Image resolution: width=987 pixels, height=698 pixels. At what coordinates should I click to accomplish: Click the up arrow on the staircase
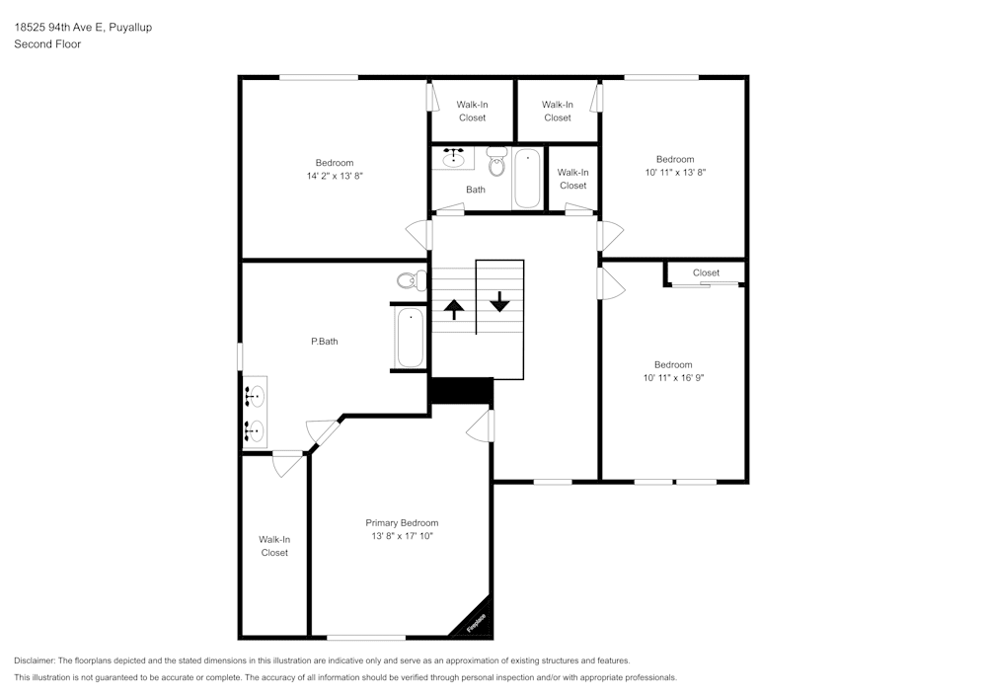(453, 309)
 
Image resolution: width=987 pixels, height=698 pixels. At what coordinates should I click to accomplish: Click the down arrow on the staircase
(500, 301)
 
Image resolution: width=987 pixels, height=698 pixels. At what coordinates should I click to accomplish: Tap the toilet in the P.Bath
(412, 280)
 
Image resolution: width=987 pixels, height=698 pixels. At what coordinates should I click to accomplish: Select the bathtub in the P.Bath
(410, 338)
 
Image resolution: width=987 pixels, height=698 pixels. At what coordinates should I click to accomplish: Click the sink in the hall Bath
(454, 157)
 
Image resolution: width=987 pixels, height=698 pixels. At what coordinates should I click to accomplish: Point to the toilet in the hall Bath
(496, 161)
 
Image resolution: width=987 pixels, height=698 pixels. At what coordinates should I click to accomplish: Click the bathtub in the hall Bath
(527, 178)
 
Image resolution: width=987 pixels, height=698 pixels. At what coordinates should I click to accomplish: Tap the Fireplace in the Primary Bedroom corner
(475, 621)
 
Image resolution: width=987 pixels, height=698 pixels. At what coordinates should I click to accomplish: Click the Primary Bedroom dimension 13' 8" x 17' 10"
(402, 536)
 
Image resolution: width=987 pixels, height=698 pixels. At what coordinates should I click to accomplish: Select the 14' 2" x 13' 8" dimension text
(335, 176)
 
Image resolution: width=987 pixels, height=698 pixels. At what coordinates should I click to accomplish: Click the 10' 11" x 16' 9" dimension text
(673, 377)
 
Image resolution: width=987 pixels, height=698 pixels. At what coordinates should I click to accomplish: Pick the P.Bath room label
(325, 342)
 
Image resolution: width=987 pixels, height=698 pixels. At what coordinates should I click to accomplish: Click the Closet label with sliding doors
(706, 272)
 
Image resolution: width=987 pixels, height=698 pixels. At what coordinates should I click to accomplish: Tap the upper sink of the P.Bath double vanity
(256, 398)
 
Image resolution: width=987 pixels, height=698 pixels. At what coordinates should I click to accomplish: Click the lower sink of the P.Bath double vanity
(256, 430)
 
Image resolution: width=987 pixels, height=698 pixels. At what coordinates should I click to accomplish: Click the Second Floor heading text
(47, 44)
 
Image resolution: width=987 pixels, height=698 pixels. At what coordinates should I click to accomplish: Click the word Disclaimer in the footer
(35, 660)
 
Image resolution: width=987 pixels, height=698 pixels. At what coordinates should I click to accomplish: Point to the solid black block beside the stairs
(461, 391)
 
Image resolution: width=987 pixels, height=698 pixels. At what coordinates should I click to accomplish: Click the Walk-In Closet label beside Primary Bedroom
(274, 546)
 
